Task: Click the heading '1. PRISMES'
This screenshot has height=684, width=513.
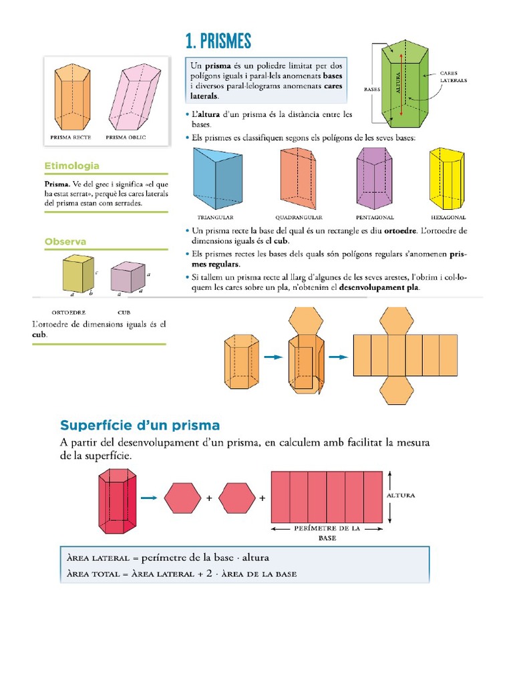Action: pyautogui.click(x=218, y=41)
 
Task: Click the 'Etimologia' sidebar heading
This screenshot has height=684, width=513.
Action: pyautogui.click(x=71, y=166)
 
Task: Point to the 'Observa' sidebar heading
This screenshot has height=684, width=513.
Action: pyautogui.click(x=65, y=241)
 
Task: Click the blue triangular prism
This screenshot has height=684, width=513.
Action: pyautogui.click(x=216, y=178)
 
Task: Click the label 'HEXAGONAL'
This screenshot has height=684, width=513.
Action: pyautogui.click(x=448, y=217)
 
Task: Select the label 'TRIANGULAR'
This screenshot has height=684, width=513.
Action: pyautogui.click(x=215, y=217)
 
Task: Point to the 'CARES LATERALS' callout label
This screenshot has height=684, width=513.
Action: pyautogui.click(x=454, y=76)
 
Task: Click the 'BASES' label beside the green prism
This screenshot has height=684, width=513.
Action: pyautogui.click(x=371, y=88)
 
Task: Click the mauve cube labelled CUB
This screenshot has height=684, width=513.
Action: pyautogui.click(x=127, y=277)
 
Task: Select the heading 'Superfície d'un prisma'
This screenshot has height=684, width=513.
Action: pyautogui.click(x=140, y=425)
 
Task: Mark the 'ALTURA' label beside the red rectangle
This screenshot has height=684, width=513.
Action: pyautogui.click(x=401, y=496)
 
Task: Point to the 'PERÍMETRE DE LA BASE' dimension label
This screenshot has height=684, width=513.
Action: pyautogui.click(x=327, y=532)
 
